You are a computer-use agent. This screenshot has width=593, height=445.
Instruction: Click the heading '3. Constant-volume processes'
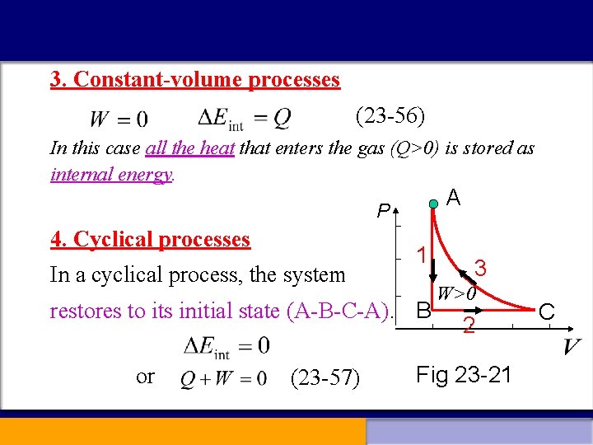194,80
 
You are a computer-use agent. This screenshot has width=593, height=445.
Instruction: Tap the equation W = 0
119,120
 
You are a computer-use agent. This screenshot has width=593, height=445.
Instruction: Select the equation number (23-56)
390,116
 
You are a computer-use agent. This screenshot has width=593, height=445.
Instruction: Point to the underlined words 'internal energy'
111,175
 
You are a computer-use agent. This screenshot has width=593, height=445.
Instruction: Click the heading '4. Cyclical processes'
150,240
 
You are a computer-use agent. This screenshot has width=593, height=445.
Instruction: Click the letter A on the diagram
453,197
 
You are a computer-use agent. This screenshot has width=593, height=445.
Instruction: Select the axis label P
383,212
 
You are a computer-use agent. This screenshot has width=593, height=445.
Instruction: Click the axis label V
573,348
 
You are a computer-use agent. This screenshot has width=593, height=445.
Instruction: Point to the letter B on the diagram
423,311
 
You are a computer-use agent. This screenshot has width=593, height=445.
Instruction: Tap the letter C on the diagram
546,311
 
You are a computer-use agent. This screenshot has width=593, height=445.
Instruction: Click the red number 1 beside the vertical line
419,255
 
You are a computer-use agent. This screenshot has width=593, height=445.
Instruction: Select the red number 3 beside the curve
482,269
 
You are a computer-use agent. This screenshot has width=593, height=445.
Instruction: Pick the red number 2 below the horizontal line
467,326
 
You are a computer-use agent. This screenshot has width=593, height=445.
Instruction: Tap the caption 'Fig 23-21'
464,375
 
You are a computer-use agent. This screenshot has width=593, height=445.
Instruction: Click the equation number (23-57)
325,378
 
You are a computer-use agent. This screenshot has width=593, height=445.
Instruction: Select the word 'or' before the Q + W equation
145,377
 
